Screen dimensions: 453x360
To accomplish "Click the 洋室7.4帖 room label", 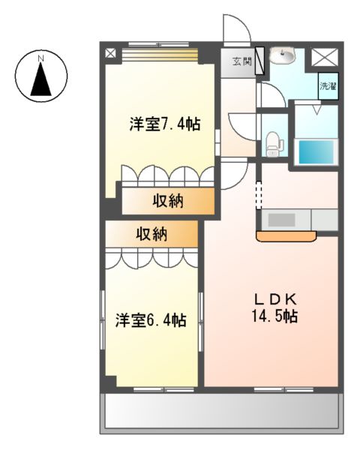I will pos(163,124).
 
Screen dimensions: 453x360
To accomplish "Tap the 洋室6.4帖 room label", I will pos(151,320).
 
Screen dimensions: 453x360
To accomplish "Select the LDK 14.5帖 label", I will pos(275,306).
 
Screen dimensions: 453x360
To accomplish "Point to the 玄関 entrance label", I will pos(241,62).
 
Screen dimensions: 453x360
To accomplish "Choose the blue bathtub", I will pos(315,151).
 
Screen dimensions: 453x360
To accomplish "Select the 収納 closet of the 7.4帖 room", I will pos(169,201).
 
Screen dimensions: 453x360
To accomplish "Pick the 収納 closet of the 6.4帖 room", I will pos(151,234).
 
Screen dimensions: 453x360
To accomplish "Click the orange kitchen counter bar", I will pos(286,236).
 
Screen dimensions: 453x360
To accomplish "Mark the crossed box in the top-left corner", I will pos(111,53).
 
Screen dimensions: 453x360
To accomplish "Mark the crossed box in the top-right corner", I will pos(324,55).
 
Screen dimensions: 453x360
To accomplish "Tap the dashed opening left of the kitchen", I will pos(259,196).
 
